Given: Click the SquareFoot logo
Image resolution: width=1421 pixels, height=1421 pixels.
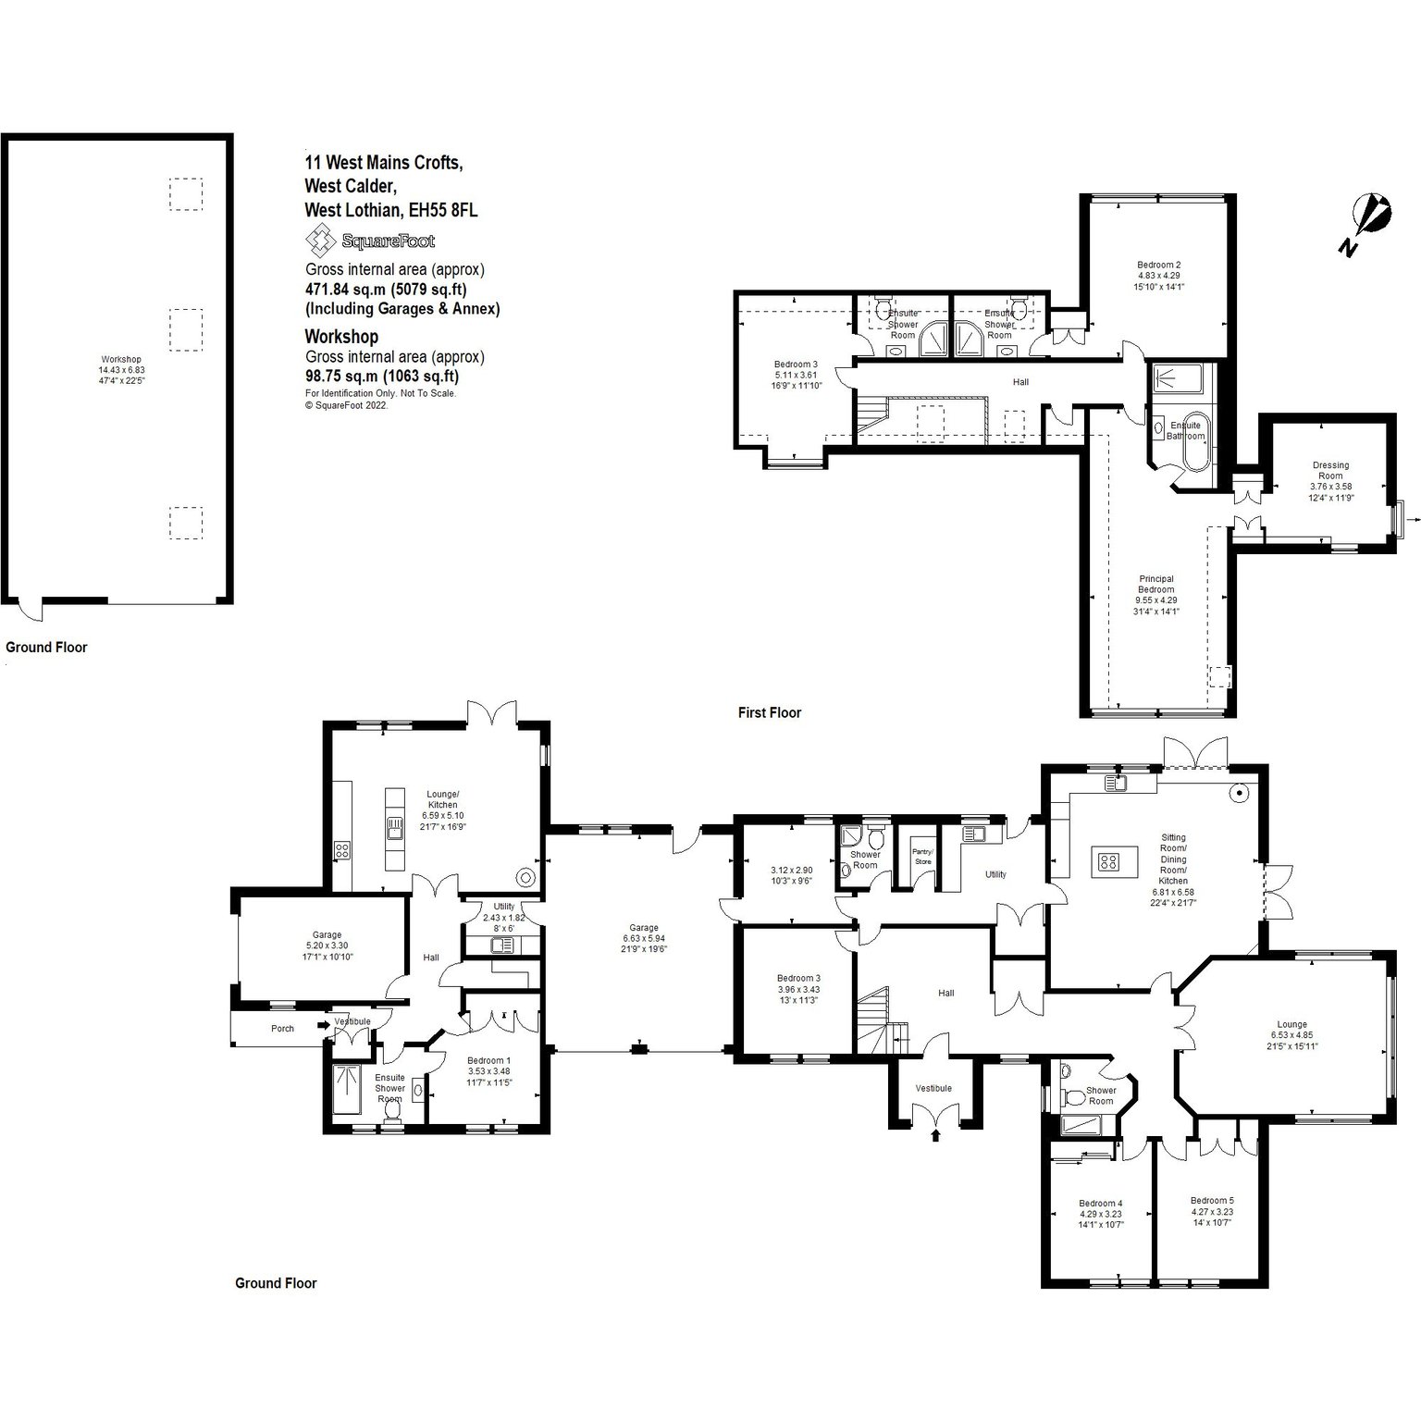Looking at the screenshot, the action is [370, 241].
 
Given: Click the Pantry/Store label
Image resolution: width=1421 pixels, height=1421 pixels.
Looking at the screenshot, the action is [922, 856].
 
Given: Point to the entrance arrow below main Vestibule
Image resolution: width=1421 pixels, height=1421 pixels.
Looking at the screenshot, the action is [934, 1134].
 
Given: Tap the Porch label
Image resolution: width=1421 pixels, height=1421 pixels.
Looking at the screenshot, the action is [282, 1028].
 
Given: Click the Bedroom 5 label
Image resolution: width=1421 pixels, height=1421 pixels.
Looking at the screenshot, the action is [1212, 1200].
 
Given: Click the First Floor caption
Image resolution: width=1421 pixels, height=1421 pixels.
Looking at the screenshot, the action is [770, 712].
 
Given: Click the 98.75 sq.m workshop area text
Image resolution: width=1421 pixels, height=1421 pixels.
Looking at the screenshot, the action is [382, 377].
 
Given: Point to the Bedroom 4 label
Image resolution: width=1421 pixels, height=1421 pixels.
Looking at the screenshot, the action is [1101, 1204].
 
